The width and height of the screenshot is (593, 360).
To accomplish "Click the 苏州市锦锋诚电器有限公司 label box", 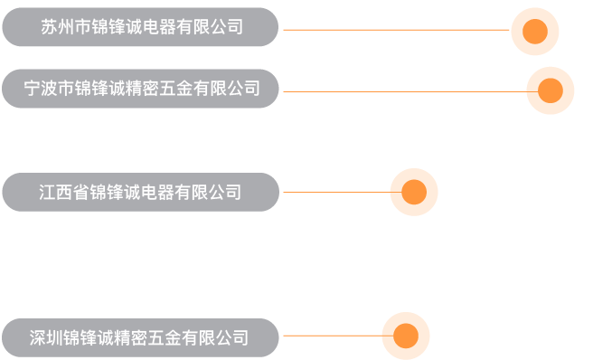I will tap(140, 27).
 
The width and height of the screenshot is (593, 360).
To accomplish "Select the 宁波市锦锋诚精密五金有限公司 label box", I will tap(140, 89).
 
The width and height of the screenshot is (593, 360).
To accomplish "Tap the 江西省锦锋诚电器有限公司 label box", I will tap(140, 192).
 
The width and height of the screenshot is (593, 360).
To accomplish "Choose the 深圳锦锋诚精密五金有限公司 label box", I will tap(140, 338).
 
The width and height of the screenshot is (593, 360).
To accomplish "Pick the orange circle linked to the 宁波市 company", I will tap(550, 90).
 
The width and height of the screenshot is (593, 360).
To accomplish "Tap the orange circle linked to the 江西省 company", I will tap(413, 192).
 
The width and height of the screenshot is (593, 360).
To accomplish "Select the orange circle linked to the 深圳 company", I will tap(405, 336).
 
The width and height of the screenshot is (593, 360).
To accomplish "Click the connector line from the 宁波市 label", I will tap(403, 91).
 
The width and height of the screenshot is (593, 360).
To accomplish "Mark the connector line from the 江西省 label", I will tap(335, 192).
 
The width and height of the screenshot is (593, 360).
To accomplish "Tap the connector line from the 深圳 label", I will tap(332, 336).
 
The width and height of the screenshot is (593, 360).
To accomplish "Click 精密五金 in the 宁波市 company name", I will tap(159, 89).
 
